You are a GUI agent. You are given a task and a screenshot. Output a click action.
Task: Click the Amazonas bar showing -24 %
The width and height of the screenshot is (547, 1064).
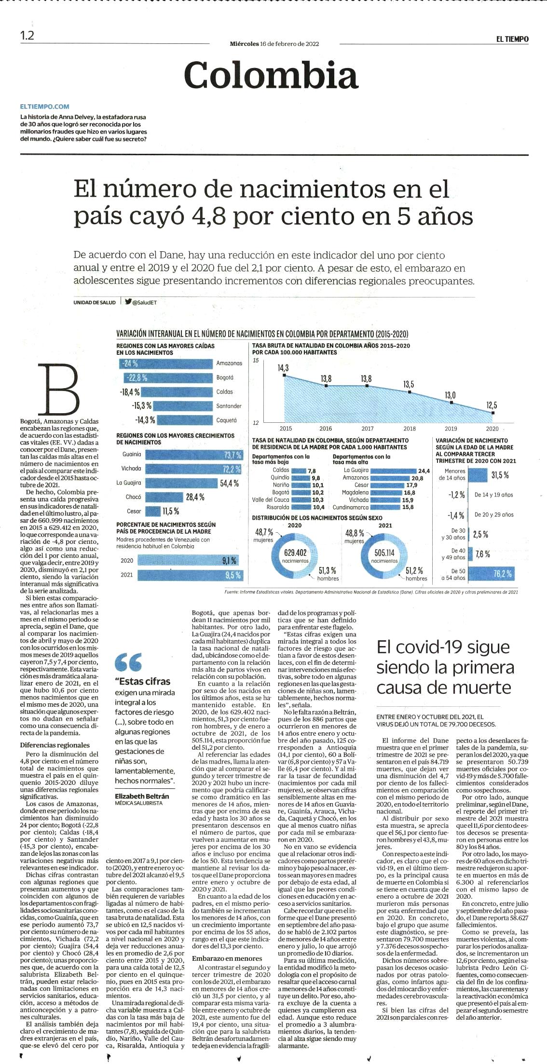[166, 364]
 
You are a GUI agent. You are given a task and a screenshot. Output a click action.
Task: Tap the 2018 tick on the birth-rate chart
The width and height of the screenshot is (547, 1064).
[410, 428]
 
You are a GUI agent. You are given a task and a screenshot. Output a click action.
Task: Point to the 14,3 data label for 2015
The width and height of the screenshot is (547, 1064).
[283, 368]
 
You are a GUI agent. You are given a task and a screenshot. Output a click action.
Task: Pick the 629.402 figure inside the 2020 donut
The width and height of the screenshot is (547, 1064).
[295, 552]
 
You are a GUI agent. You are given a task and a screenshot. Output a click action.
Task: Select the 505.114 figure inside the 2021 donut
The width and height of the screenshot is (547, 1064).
[384, 552]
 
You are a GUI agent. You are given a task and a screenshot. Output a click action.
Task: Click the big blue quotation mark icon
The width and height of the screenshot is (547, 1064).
[128, 662]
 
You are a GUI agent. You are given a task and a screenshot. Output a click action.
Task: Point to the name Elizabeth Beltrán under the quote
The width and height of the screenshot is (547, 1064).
[142, 796]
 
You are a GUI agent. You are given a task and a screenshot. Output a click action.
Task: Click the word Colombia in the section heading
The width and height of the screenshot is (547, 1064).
[271, 75]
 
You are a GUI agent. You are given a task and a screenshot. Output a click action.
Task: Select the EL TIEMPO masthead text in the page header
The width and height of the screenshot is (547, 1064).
[512, 39]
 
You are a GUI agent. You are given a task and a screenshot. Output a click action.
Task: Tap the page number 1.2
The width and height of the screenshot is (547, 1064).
[27, 36]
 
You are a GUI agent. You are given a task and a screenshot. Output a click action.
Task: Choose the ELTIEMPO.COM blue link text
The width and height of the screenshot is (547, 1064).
[45, 107]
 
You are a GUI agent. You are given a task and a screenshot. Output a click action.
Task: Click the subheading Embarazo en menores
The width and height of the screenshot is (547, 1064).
[227, 958]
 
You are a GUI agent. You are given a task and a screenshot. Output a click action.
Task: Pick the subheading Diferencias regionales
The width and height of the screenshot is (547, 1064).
[55, 745]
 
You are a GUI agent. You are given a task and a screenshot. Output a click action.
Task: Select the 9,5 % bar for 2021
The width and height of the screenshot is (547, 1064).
[189, 575]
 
